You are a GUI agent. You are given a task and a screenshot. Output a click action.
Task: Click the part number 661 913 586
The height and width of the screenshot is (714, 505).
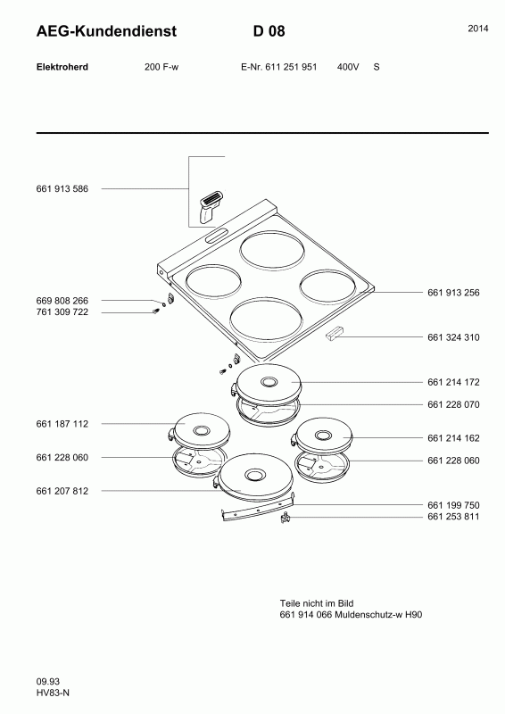62,189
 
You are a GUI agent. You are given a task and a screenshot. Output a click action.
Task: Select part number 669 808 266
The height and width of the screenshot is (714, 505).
62,301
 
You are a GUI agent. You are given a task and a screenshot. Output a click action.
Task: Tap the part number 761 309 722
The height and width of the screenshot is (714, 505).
62,312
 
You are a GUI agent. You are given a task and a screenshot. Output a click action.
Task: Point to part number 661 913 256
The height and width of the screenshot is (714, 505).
453,293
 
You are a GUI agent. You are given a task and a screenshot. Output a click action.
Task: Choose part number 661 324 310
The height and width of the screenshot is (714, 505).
453,337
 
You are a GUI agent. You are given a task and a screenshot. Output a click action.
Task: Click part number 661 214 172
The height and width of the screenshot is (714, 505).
453,383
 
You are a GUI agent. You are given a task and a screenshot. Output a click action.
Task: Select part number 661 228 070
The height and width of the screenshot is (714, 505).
453,405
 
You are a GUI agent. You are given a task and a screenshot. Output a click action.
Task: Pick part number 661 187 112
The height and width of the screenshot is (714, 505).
62,424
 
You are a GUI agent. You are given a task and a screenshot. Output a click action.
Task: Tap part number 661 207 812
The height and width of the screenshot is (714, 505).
62,492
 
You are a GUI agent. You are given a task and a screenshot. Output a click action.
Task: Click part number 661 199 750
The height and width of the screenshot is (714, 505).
453,505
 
